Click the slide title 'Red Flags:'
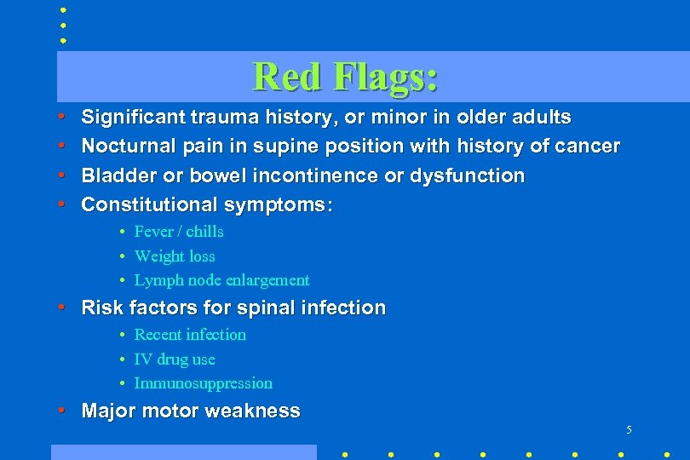(x=346, y=76)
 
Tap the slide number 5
(x=629, y=430)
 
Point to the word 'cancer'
(x=588, y=147)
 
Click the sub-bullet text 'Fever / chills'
(x=179, y=232)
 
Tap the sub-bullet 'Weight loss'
(x=175, y=256)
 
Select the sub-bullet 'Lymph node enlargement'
(x=221, y=280)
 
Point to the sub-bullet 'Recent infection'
(x=190, y=335)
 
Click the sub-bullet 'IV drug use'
(x=175, y=359)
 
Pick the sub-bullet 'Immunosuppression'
(x=204, y=383)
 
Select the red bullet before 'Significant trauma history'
(x=63, y=117)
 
